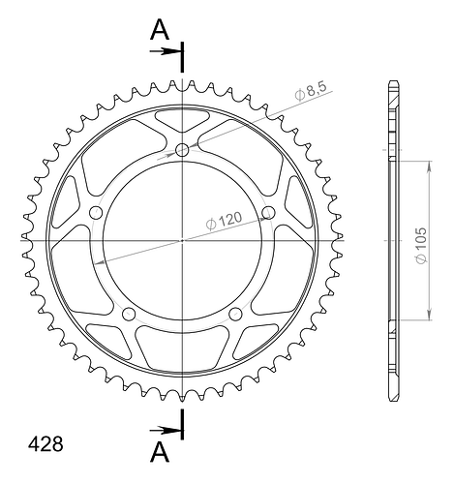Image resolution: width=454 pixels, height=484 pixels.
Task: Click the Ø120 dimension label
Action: click(x=224, y=221)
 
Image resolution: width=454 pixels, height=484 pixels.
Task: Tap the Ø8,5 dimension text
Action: click(x=311, y=90)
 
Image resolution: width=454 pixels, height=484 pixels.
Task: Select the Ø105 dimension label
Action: click(x=421, y=245)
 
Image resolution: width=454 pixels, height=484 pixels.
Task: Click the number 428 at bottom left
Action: click(x=45, y=444)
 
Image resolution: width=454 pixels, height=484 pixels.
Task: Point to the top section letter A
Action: click(x=160, y=30)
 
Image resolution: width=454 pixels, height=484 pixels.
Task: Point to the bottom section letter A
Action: click(x=160, y=452)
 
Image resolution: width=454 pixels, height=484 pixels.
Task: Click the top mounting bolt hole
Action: click(x=182, y=150)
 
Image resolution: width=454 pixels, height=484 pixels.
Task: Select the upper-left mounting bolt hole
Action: click(x=96, y=213)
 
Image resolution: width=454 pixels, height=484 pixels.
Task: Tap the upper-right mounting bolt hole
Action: click(x=268, y=213)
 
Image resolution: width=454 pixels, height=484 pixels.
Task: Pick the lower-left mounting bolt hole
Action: click(x=129, y=314)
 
